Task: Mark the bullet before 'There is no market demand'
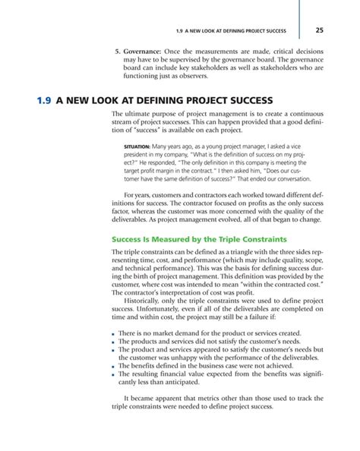pyautogui.click(x=113, y=334)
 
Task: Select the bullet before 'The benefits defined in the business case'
pyautogui.click(x=113, y=366)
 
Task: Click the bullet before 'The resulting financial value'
pyautogui.click(x=113, y=376)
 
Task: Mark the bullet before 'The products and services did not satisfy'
pyautogui.click(x=113, y=343)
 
